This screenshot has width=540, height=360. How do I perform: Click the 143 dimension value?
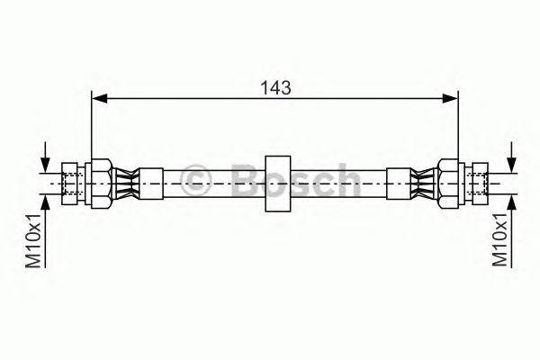tap(275, 88)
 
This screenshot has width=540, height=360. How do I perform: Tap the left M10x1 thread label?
tap(34, 240)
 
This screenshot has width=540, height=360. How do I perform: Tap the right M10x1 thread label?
tap(500, 239)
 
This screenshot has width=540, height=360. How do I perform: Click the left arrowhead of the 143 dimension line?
tap(100, 98)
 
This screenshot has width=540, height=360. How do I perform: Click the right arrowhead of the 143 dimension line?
tap(450, 98)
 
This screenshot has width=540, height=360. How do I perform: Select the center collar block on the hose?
tap(277, 184)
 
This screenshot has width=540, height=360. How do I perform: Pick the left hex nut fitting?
tap(102, 184)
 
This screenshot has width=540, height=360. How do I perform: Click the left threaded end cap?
tap(70, 184)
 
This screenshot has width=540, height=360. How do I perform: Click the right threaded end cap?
tap(480, 184)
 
